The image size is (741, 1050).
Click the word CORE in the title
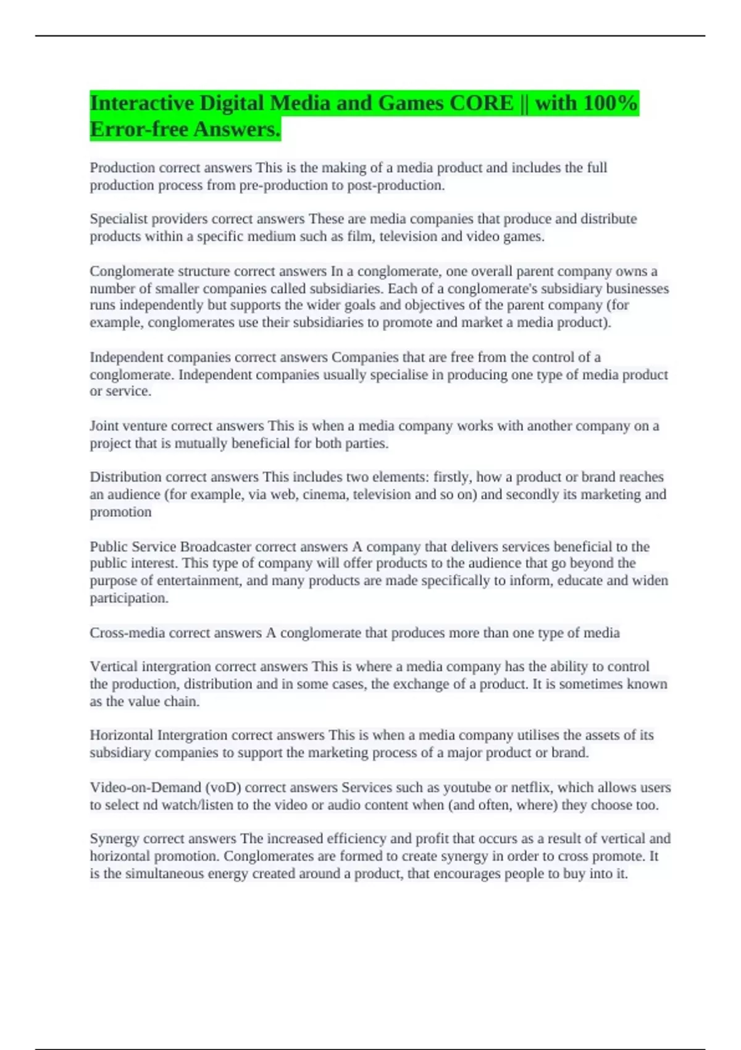click(482, 103)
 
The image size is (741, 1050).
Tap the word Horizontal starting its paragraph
click(121, 736)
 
